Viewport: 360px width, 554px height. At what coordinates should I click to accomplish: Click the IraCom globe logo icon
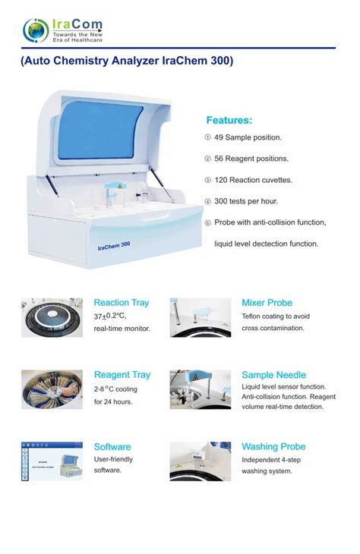36,30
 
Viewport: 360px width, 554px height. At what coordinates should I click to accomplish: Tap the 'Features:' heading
229,120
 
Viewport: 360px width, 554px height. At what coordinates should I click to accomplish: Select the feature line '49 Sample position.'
248,137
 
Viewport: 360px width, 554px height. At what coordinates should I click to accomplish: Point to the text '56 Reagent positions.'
251,159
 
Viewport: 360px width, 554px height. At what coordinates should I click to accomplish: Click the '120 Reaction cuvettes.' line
253,180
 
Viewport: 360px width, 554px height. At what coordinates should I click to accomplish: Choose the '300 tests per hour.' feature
246,201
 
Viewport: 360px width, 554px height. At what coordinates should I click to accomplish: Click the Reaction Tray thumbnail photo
52,317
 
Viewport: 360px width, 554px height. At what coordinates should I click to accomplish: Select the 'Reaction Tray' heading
122,303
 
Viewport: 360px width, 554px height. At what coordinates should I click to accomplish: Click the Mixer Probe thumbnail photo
200,317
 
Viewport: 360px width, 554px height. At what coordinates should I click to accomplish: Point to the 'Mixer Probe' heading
267,303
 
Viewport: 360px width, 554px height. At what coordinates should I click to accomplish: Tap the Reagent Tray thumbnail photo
52,389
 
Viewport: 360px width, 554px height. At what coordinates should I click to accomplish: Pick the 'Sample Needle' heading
273,375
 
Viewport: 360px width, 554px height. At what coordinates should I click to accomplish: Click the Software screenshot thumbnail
52,461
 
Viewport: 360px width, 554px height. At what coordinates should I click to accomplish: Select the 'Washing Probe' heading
273,447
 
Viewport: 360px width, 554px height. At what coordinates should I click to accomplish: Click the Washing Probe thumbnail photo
200,461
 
